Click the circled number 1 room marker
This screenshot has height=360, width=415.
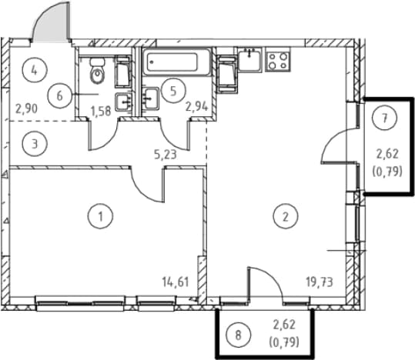(100, 216)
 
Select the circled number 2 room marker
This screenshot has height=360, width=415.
(286, 216)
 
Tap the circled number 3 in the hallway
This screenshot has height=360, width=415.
(35, 145)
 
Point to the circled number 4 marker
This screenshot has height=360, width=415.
(35, 70)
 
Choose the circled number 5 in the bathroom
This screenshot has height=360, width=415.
(173, 91)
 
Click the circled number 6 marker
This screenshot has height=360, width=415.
(60, 95)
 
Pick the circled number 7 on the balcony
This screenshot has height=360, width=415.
(384, 118)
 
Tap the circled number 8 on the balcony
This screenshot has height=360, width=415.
(238, 335)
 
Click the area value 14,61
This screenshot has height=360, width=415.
(176, 282)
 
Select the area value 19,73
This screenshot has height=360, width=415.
(320, 282)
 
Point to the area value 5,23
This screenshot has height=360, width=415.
(166, 155)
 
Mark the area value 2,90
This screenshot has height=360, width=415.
(26, 108)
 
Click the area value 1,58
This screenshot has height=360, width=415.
(101, 111)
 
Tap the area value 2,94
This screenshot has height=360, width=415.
(196, 107)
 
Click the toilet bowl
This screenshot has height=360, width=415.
(97, 71)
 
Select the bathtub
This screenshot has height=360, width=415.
(176, 62)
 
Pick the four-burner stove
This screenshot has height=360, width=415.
(278, 60)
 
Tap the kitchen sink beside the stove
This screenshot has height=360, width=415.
(249, 60)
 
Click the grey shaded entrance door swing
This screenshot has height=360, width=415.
(51, 22)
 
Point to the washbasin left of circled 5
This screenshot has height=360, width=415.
(150, 98)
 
